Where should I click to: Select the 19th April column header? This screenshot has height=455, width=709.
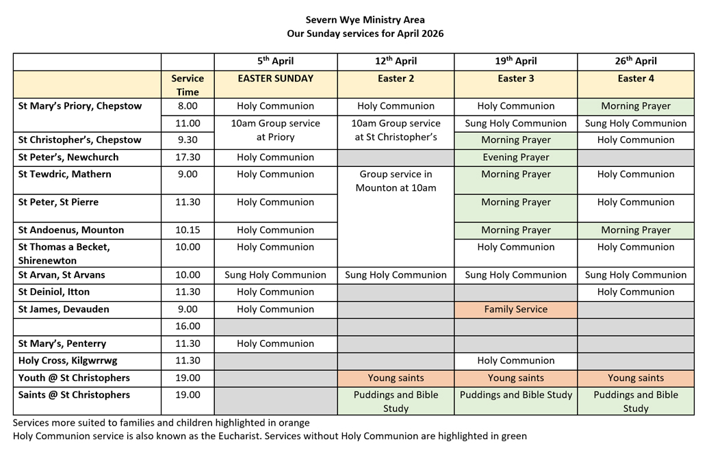pyautogui.click(x=515, y=61)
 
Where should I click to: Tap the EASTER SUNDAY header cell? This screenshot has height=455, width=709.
pyautogui.click(x=275, y=79)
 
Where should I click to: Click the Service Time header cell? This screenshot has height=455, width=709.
pyautogui.click(x=188, y=85)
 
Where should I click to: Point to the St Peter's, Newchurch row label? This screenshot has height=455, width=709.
pyautogui.click(x=68, y=157)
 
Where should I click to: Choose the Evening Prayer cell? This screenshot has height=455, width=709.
pyautogui.click(x=515, y=157)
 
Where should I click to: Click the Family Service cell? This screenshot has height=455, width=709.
pyautogui.click(x=515, y=309)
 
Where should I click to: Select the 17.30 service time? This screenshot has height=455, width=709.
pyautogui.click(x=188, y=157)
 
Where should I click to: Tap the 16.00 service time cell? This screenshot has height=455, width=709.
pyautogui.click(x=188, y=326)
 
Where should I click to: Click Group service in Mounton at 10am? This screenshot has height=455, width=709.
pyautogui.click(x=396, y=181)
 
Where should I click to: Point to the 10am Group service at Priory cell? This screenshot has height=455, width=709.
pyautogui.click(x=275, y=130)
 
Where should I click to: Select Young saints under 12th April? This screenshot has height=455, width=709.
pyautogui.click(x=396, y=378)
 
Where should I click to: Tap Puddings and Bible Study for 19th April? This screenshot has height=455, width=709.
pyautogui.click(x=515, y=395)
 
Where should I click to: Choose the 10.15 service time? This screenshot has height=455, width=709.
pyautogui.click(x=188, y=230)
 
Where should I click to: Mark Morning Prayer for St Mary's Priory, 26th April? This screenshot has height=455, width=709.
pyautogui.click(x=636, y=106)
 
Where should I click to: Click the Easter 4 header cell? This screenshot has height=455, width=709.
pyautogui.click(x=636, y=79)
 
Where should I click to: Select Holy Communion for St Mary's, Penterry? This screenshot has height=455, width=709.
pyautogui.click(x=275, y=343)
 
